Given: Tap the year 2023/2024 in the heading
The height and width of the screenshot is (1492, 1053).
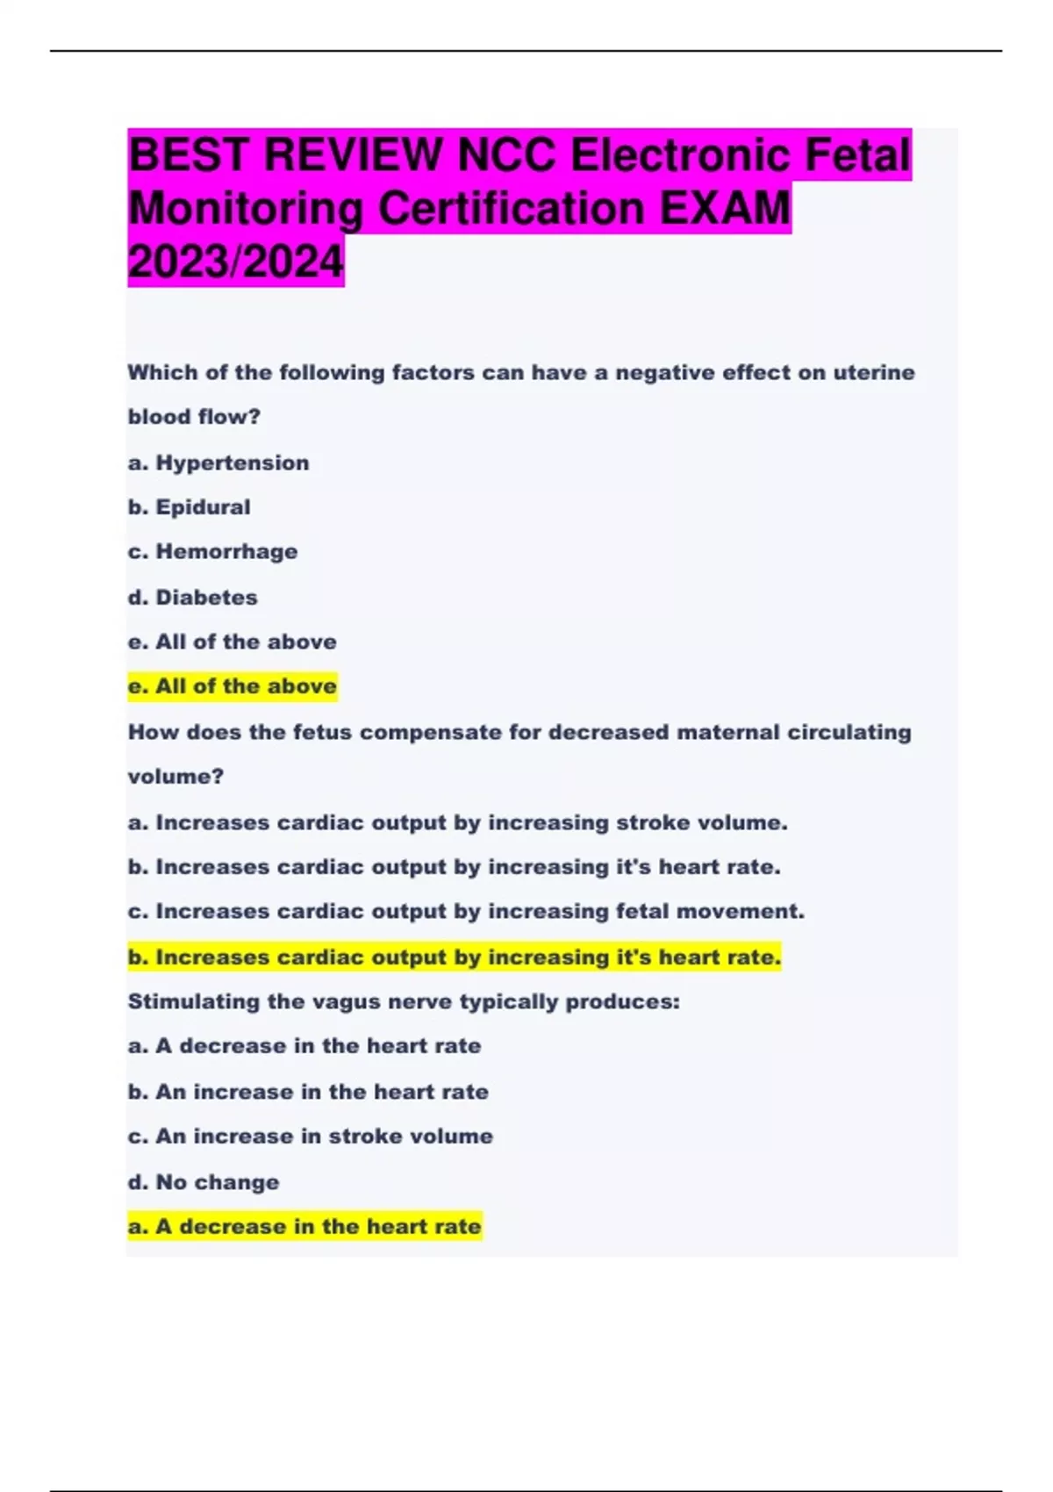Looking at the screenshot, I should click(x=236, y=262).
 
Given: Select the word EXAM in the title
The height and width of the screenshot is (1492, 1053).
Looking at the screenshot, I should click(x=725, y=209).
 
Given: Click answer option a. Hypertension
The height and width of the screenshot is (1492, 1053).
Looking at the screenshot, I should click(x=218, y=463).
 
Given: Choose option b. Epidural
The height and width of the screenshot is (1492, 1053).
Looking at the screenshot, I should click(x=189, y=507).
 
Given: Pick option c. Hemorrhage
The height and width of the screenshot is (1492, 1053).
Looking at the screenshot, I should click(x=212, y=552).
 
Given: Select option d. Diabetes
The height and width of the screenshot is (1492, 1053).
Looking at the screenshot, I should click(x=192, y=598).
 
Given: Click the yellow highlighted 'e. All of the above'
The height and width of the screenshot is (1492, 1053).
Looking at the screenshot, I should click(x=233, y=686).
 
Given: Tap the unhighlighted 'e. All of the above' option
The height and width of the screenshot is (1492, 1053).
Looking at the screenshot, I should click(x=233, y=642).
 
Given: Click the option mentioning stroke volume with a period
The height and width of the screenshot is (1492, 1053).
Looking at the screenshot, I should click(x=457, y=823).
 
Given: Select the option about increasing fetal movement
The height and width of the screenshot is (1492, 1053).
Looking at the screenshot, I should click(x=466, y=912).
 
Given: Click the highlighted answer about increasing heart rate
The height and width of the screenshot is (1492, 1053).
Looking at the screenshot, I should click(x=454, y=958).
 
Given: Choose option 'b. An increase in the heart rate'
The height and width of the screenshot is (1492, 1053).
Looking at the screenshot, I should click(x=308, y=1092).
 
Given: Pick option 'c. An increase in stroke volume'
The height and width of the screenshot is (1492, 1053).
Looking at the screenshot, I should click(x=311, y=1137).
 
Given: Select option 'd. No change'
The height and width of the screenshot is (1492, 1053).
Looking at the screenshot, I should click(x=204, y=1182).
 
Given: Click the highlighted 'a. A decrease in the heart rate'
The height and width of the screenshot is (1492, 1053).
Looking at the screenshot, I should click(x=304, y=1227).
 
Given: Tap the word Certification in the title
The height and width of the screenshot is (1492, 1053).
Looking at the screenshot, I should click(x=511, y=209).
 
